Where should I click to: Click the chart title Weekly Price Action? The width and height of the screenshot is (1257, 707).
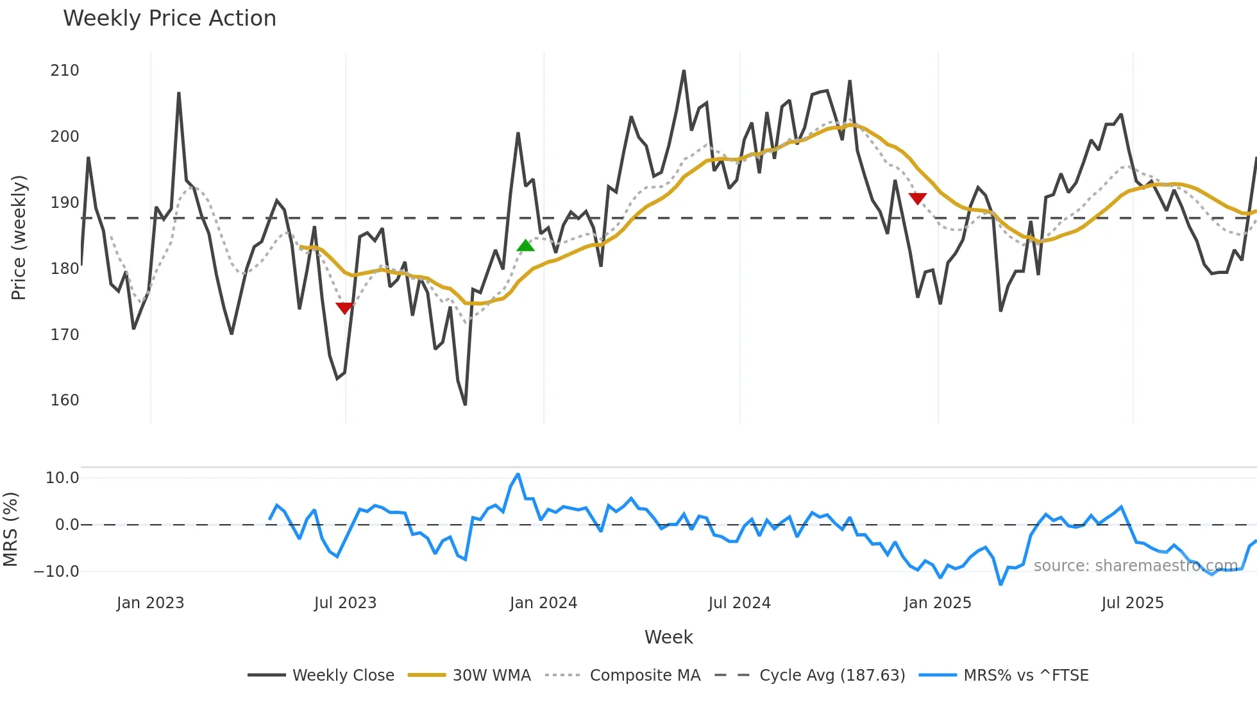coord(169,19)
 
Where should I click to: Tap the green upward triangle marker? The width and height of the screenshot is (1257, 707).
coord(525,246)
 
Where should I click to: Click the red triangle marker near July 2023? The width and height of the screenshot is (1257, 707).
coord(344,308)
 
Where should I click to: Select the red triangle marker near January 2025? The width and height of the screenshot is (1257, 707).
coord(917,198)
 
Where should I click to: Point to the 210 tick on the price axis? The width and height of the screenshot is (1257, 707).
coord(65,71)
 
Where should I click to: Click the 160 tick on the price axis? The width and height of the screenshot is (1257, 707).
coord(65,400)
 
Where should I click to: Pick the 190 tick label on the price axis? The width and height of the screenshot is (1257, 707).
coord(65,203)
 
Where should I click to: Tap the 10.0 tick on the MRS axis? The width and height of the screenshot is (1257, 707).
coord(62,478)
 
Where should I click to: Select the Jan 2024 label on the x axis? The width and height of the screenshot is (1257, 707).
coord(543,603)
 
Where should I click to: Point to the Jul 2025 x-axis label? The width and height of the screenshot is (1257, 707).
coord(1132,603)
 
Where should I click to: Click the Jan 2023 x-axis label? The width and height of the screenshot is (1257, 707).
coord(150,603)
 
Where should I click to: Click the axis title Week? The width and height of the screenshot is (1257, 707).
coord(668,637)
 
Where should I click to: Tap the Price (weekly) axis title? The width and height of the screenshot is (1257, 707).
coord(19,237)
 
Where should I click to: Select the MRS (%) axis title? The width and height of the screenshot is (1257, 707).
coord(11,529)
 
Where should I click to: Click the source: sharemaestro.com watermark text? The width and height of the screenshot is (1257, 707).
coord(1135,566)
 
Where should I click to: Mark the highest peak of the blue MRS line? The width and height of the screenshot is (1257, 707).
coord(518,475)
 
